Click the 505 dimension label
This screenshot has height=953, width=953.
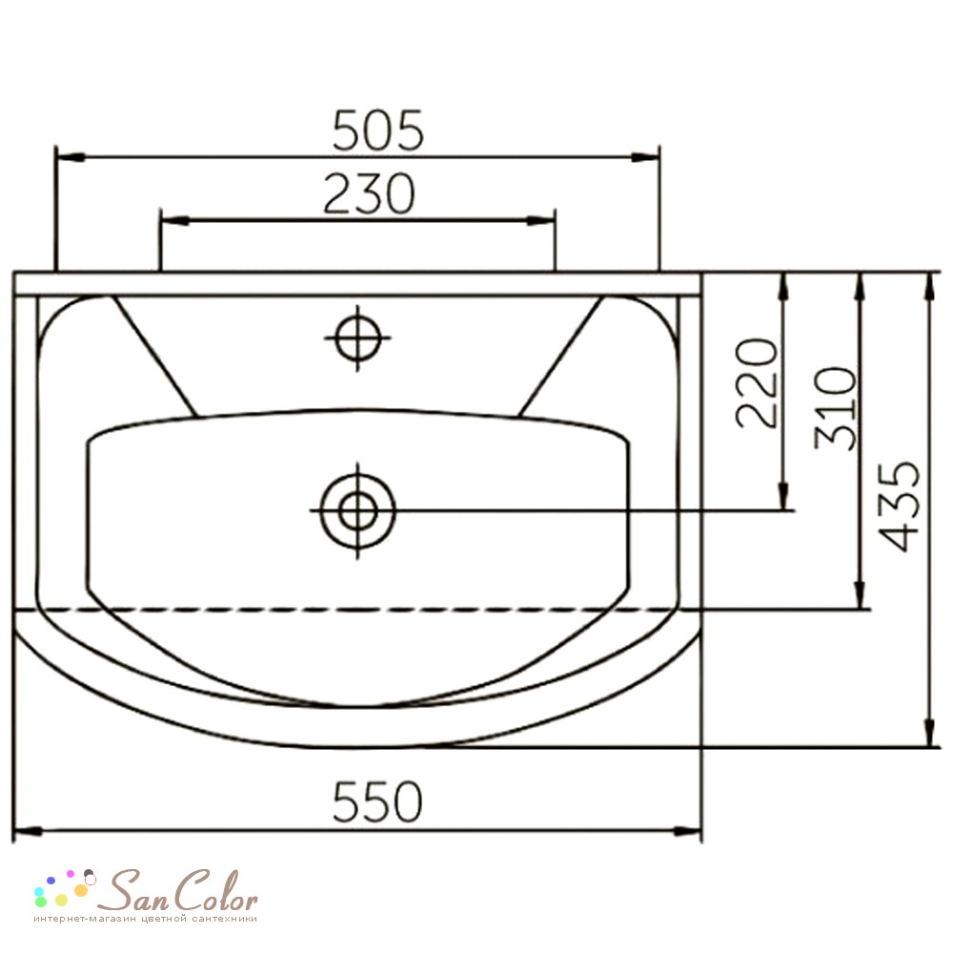(377, 130)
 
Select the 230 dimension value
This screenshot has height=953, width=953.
(369, 193)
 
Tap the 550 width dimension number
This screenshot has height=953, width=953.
(377, 801)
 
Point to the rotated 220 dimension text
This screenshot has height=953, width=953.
(758, 383)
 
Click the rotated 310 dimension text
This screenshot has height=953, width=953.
(836, 409)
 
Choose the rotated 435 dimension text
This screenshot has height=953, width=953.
(900, 506)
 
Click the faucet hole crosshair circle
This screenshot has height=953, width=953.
(358, 337)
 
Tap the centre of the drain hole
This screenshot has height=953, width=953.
(358, 511)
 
